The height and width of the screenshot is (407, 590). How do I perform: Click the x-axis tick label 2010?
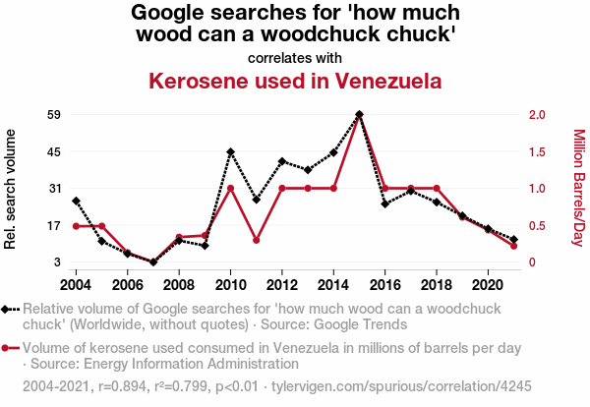(230, 284)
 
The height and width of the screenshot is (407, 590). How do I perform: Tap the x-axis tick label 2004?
(76, 284)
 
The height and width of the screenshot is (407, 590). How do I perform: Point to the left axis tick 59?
(28, 115)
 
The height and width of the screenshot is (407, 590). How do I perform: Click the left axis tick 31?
(28, 189)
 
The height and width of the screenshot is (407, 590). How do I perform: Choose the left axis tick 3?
(30, 262)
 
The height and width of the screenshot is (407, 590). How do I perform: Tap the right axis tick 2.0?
(537, 115)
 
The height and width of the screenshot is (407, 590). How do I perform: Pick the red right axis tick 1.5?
(537, 151)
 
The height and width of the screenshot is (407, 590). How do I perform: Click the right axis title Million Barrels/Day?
(578, 188)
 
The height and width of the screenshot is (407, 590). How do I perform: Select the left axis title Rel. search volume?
(11, 188)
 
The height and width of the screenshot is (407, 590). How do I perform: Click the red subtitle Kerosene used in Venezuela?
(294, 81)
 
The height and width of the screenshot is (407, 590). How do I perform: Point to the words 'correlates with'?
(294, 57)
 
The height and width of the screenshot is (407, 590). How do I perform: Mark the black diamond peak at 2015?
(359, 115)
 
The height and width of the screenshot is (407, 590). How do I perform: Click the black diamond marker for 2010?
(230, 152)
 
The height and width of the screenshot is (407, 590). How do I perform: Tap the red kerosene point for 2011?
(256, 240)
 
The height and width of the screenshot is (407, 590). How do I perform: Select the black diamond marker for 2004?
(76, 202)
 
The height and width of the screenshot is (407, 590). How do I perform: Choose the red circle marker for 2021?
(513, 246)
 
